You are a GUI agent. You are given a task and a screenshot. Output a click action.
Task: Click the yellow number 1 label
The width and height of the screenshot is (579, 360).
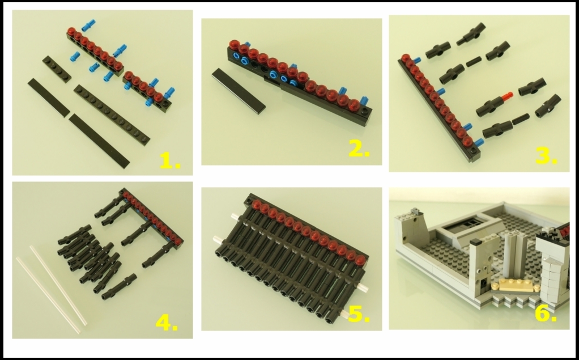pos(170,162)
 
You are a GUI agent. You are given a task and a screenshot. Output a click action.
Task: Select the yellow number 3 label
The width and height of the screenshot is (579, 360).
pos(546,156)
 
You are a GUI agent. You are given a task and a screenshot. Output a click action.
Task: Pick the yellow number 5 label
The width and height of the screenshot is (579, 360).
pos(359,314)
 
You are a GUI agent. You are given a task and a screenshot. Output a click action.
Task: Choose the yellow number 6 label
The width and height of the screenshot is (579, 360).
pos(546,314)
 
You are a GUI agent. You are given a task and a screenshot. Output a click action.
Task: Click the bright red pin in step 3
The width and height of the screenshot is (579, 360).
pos(507,96)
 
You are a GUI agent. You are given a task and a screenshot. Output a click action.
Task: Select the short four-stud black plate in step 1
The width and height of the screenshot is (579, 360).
pos(57,69)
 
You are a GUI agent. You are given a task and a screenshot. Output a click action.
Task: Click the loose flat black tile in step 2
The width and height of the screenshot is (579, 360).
pos(239,91)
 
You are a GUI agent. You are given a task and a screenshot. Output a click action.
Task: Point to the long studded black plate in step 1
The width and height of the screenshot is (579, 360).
pos(112,115)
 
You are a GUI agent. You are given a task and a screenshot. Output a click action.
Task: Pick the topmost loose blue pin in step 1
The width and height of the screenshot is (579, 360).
pos(88,25)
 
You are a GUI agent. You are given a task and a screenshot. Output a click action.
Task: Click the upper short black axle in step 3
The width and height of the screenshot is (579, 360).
pos(474,62)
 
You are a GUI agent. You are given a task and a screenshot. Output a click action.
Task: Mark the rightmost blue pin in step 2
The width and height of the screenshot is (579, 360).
pos(364,100)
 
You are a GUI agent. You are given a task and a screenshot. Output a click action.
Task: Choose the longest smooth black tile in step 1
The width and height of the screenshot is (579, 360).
pos(99,141)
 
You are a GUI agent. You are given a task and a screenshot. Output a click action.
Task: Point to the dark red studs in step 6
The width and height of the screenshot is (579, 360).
pos(564,232)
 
